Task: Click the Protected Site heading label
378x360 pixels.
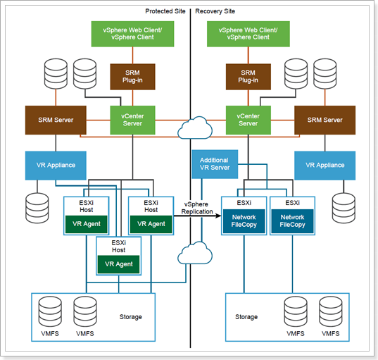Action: (x=165, y=11)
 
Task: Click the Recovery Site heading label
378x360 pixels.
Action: (x=215, y=11)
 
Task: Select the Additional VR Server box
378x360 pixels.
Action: (x=215, y=164)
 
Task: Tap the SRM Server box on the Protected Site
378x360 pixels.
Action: (x=56, y=120)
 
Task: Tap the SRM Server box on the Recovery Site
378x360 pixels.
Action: (x=325, y=120)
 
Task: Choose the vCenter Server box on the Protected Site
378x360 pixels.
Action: (x=132, y=120)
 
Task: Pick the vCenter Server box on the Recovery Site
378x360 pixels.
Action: (x=248, y=120)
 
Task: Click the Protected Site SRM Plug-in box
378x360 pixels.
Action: (x=132, y=77)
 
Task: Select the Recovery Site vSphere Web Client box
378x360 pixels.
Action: (x=248, y=34)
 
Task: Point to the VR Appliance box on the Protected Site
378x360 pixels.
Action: (x=56, y=166)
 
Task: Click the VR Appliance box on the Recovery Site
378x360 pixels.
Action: (x=325, y=166)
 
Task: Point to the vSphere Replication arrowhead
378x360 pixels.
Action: (x=218, y=216)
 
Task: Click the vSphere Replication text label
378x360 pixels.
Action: (x=197, y=208)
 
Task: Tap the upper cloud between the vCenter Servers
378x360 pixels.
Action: (x=195, y=128)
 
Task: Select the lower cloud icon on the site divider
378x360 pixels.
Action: (x=195, y=253)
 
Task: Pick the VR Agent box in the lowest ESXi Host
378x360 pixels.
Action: (x=118, y=264)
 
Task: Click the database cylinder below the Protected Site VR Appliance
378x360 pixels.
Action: (x=37, y=208)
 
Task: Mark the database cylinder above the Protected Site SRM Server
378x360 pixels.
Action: (x=56, y=74)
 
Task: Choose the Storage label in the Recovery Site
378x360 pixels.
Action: (x=246, y=317)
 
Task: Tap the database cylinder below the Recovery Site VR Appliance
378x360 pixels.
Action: (x=344, y=208)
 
